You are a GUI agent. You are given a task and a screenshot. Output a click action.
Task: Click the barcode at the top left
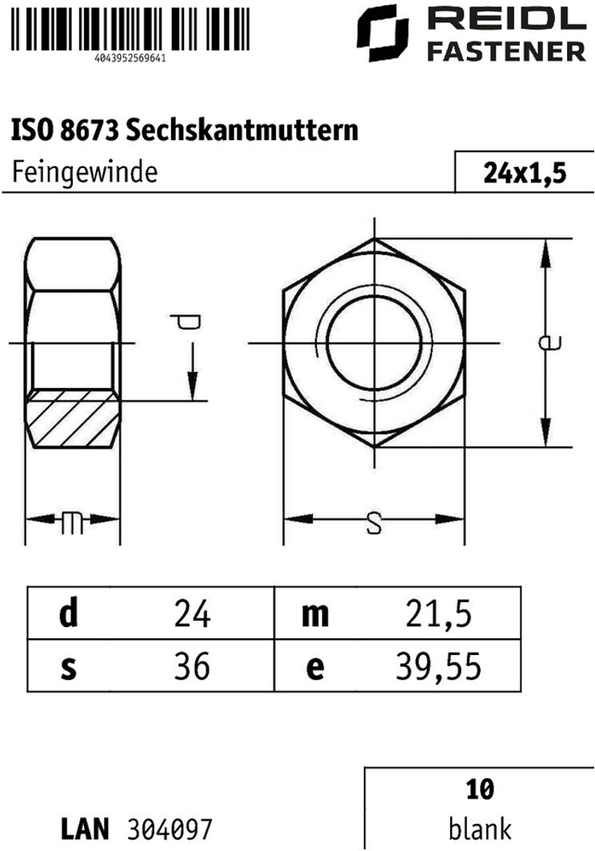(x=130, y=29)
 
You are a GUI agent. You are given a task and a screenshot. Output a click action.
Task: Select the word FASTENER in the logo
(x=506, y=52)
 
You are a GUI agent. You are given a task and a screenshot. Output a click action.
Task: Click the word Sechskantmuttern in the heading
(x=242, y=130)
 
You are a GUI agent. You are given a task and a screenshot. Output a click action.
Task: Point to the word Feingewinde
(x=85, y=172)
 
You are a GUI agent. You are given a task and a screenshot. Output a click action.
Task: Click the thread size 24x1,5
(x=525, y=173)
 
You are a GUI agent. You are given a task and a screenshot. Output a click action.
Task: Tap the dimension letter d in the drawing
(x=185, y=322)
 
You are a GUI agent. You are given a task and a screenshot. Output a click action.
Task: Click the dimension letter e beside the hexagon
(x=549, y=342)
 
